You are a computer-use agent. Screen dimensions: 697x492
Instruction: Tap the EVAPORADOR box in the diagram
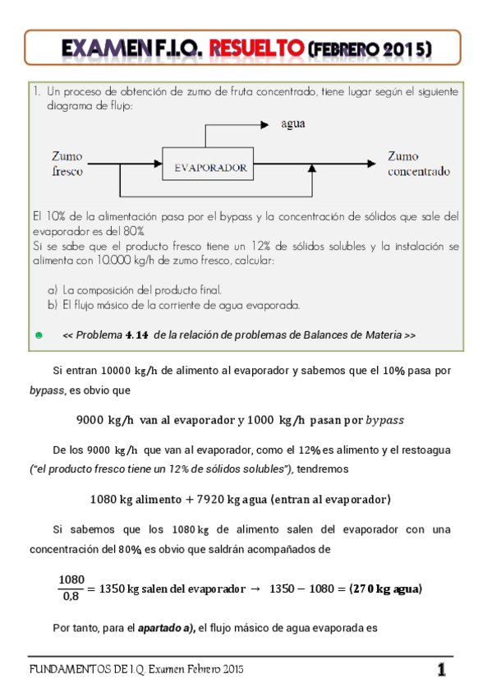click(210, 167)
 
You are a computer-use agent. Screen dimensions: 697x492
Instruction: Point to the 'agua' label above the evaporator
click(293, 124)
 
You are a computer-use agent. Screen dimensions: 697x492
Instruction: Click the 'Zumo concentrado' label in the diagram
click(419, 164)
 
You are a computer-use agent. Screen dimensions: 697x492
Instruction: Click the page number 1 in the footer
click(443, 672)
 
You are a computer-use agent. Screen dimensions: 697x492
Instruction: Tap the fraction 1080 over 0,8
click(71, 589)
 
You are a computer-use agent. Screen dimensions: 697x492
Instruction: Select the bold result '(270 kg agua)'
click(385, 589)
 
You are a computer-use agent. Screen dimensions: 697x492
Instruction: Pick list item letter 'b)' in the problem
click(53, 306)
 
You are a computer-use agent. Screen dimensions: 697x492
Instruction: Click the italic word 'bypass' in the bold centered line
click(384, 420)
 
